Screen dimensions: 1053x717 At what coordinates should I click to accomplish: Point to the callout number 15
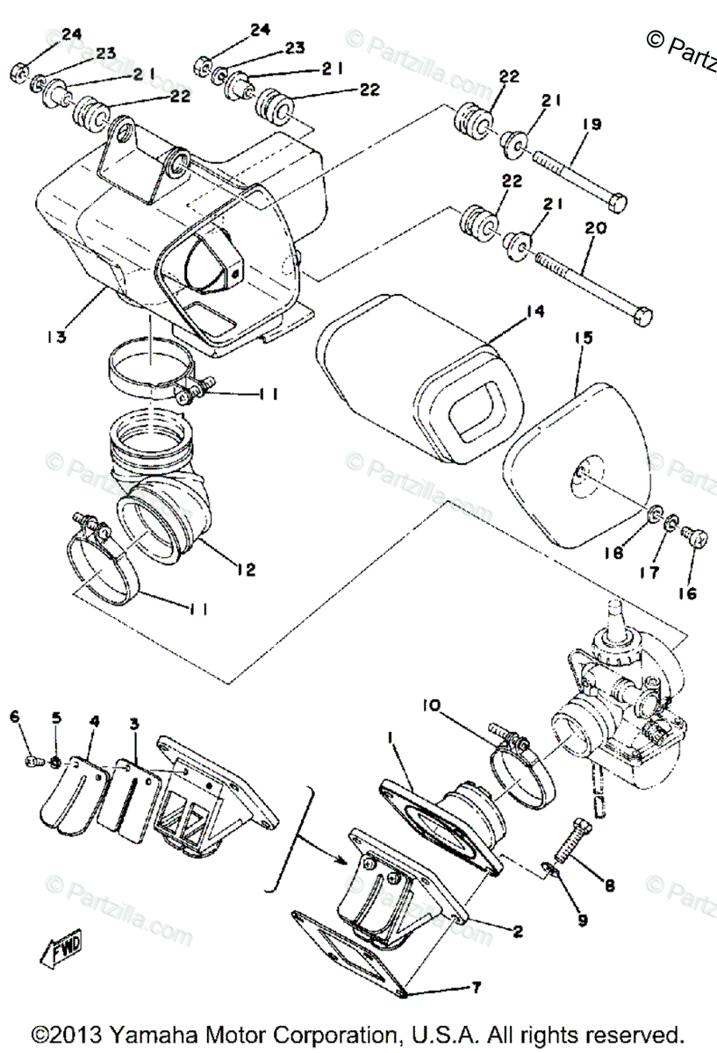584,338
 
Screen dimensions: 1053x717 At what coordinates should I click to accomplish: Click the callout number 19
591,125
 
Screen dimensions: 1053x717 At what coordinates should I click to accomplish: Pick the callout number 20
595,228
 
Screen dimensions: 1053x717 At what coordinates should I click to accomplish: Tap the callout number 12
247,570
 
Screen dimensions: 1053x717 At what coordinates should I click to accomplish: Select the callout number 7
476,988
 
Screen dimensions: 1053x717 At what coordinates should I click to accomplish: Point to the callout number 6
15,717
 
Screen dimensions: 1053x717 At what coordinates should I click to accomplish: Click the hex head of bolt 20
642,313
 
